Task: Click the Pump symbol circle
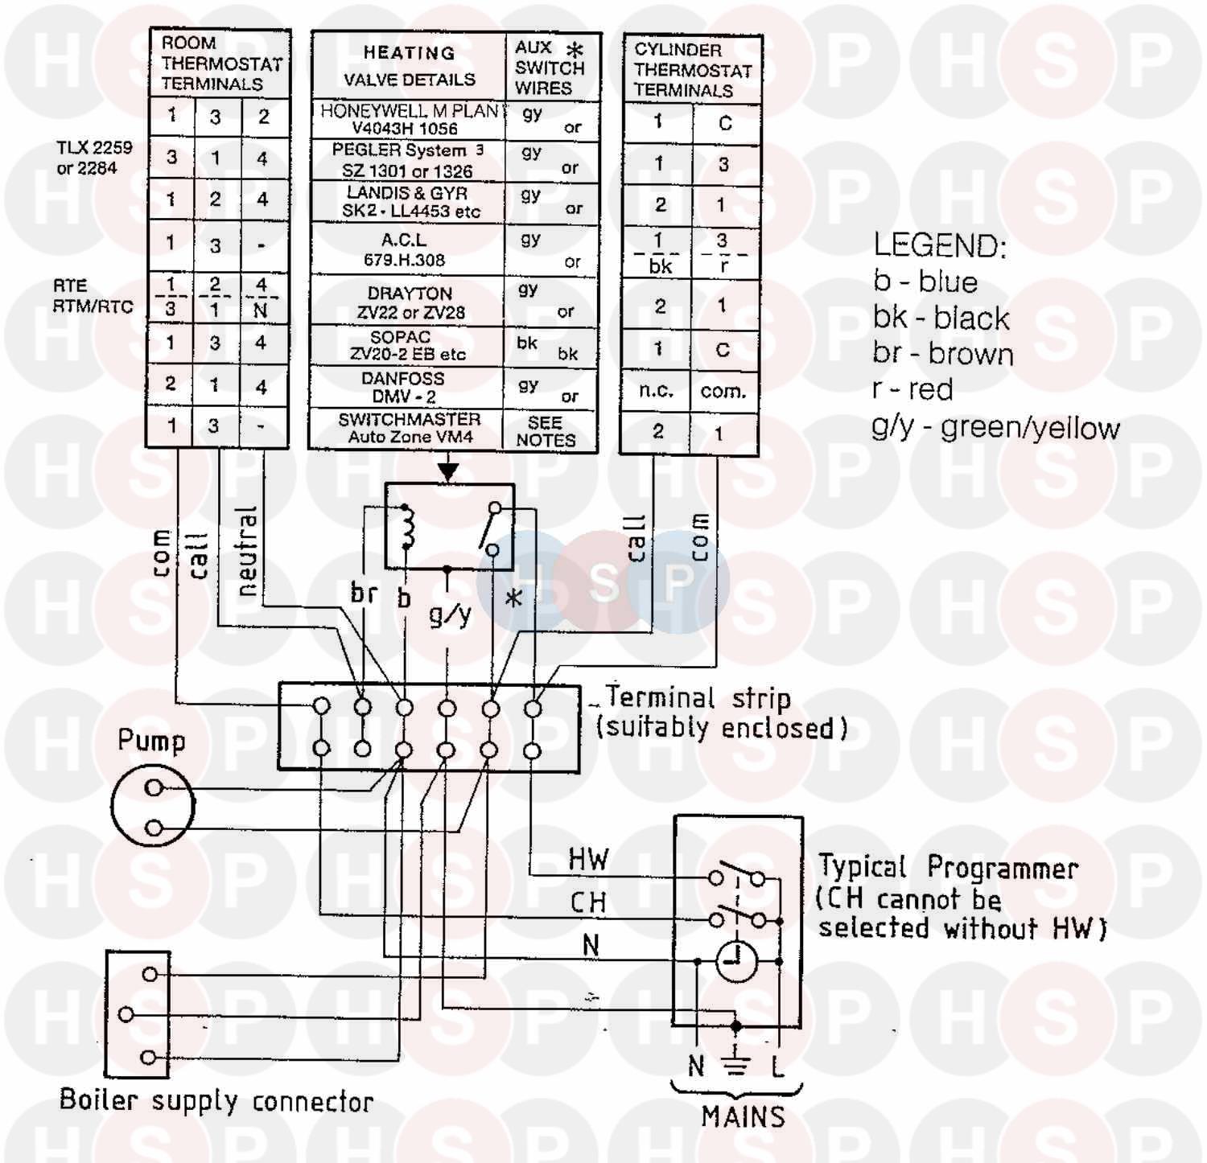tap(152, 807)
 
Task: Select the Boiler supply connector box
tap(138, 1014)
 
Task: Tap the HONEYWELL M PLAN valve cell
tap(408, 119)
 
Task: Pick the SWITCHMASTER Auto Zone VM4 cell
tap(409, 429)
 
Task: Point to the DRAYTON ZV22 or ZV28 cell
tap(410, 302)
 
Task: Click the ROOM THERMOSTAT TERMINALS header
tap(220, 64)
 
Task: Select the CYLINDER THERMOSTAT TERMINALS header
tap(691, 70)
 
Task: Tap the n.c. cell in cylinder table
tap(656, 391)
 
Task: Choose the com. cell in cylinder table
tap(723, 392)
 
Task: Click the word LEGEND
tap(939, 245)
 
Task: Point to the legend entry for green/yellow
tap(995, 427)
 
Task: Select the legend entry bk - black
tap(941, 318)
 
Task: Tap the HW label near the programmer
tap(588, 859)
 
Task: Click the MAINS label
tap(742, 1116)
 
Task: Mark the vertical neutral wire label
tap(247, 551)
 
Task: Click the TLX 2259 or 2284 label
tap(93, 158)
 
